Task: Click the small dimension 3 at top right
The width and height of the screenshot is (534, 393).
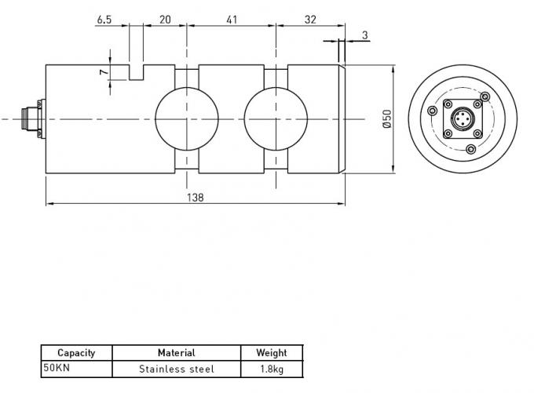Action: click(366, 36)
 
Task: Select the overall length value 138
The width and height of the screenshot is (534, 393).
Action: click(196, 197)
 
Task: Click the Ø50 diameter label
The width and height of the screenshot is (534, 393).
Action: click(386, 118)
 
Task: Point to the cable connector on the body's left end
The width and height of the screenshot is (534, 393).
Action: click(31, 118)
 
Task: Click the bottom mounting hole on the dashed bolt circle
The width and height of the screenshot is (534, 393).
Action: click(470, 149)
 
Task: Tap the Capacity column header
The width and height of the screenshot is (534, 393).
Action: click(76, 353)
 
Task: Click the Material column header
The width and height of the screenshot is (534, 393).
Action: click(176, 353)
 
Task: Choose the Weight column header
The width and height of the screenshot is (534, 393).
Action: click(271, 353)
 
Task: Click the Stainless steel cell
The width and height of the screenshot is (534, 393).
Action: click(176, 368)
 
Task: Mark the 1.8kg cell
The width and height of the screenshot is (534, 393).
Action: click(271, 368)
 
